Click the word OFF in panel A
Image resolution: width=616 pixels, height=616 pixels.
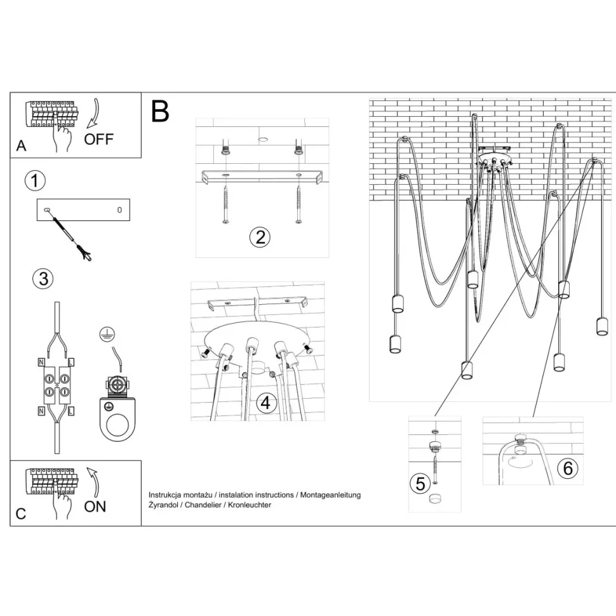[99, 139]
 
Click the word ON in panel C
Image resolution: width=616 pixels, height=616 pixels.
[95, 506]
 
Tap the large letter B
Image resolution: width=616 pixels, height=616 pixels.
[160, 112]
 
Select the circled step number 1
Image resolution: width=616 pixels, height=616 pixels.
[35, 181]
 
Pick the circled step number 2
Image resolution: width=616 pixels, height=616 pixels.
[259, 238]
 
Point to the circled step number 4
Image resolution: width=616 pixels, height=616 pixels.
[265, 403]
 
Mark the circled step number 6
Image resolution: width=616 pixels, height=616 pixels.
[568, 468]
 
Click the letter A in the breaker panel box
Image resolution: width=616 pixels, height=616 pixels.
[22, 146]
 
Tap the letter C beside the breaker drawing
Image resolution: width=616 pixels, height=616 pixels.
[21, 514]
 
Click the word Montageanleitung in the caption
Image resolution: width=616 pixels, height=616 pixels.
[331, 494]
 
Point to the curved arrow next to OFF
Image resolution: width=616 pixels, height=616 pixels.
[93, 113]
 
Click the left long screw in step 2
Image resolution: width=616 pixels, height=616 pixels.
[225, 204]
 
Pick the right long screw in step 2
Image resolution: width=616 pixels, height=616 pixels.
[298, 204]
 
